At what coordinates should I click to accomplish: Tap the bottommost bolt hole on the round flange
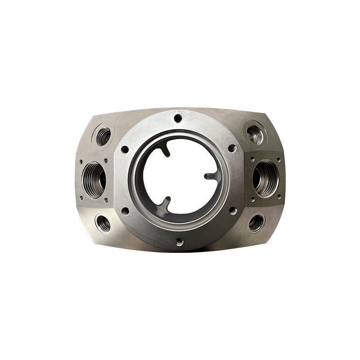pos(180,242)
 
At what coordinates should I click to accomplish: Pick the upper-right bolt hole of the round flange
pos(231,148)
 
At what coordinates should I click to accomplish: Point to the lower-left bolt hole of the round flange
pos(126,210)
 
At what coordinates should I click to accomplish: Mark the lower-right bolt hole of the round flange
pos(232,210)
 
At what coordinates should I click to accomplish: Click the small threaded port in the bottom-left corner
pos(103,223)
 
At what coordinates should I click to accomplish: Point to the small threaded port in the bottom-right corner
pos(256,222)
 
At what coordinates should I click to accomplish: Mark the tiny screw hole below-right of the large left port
pos(106,200)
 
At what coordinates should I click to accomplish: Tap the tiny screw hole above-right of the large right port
pos(279,159)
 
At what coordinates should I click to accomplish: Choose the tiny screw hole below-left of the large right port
pos(253,198)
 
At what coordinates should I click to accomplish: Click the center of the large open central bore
pos(179,179)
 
